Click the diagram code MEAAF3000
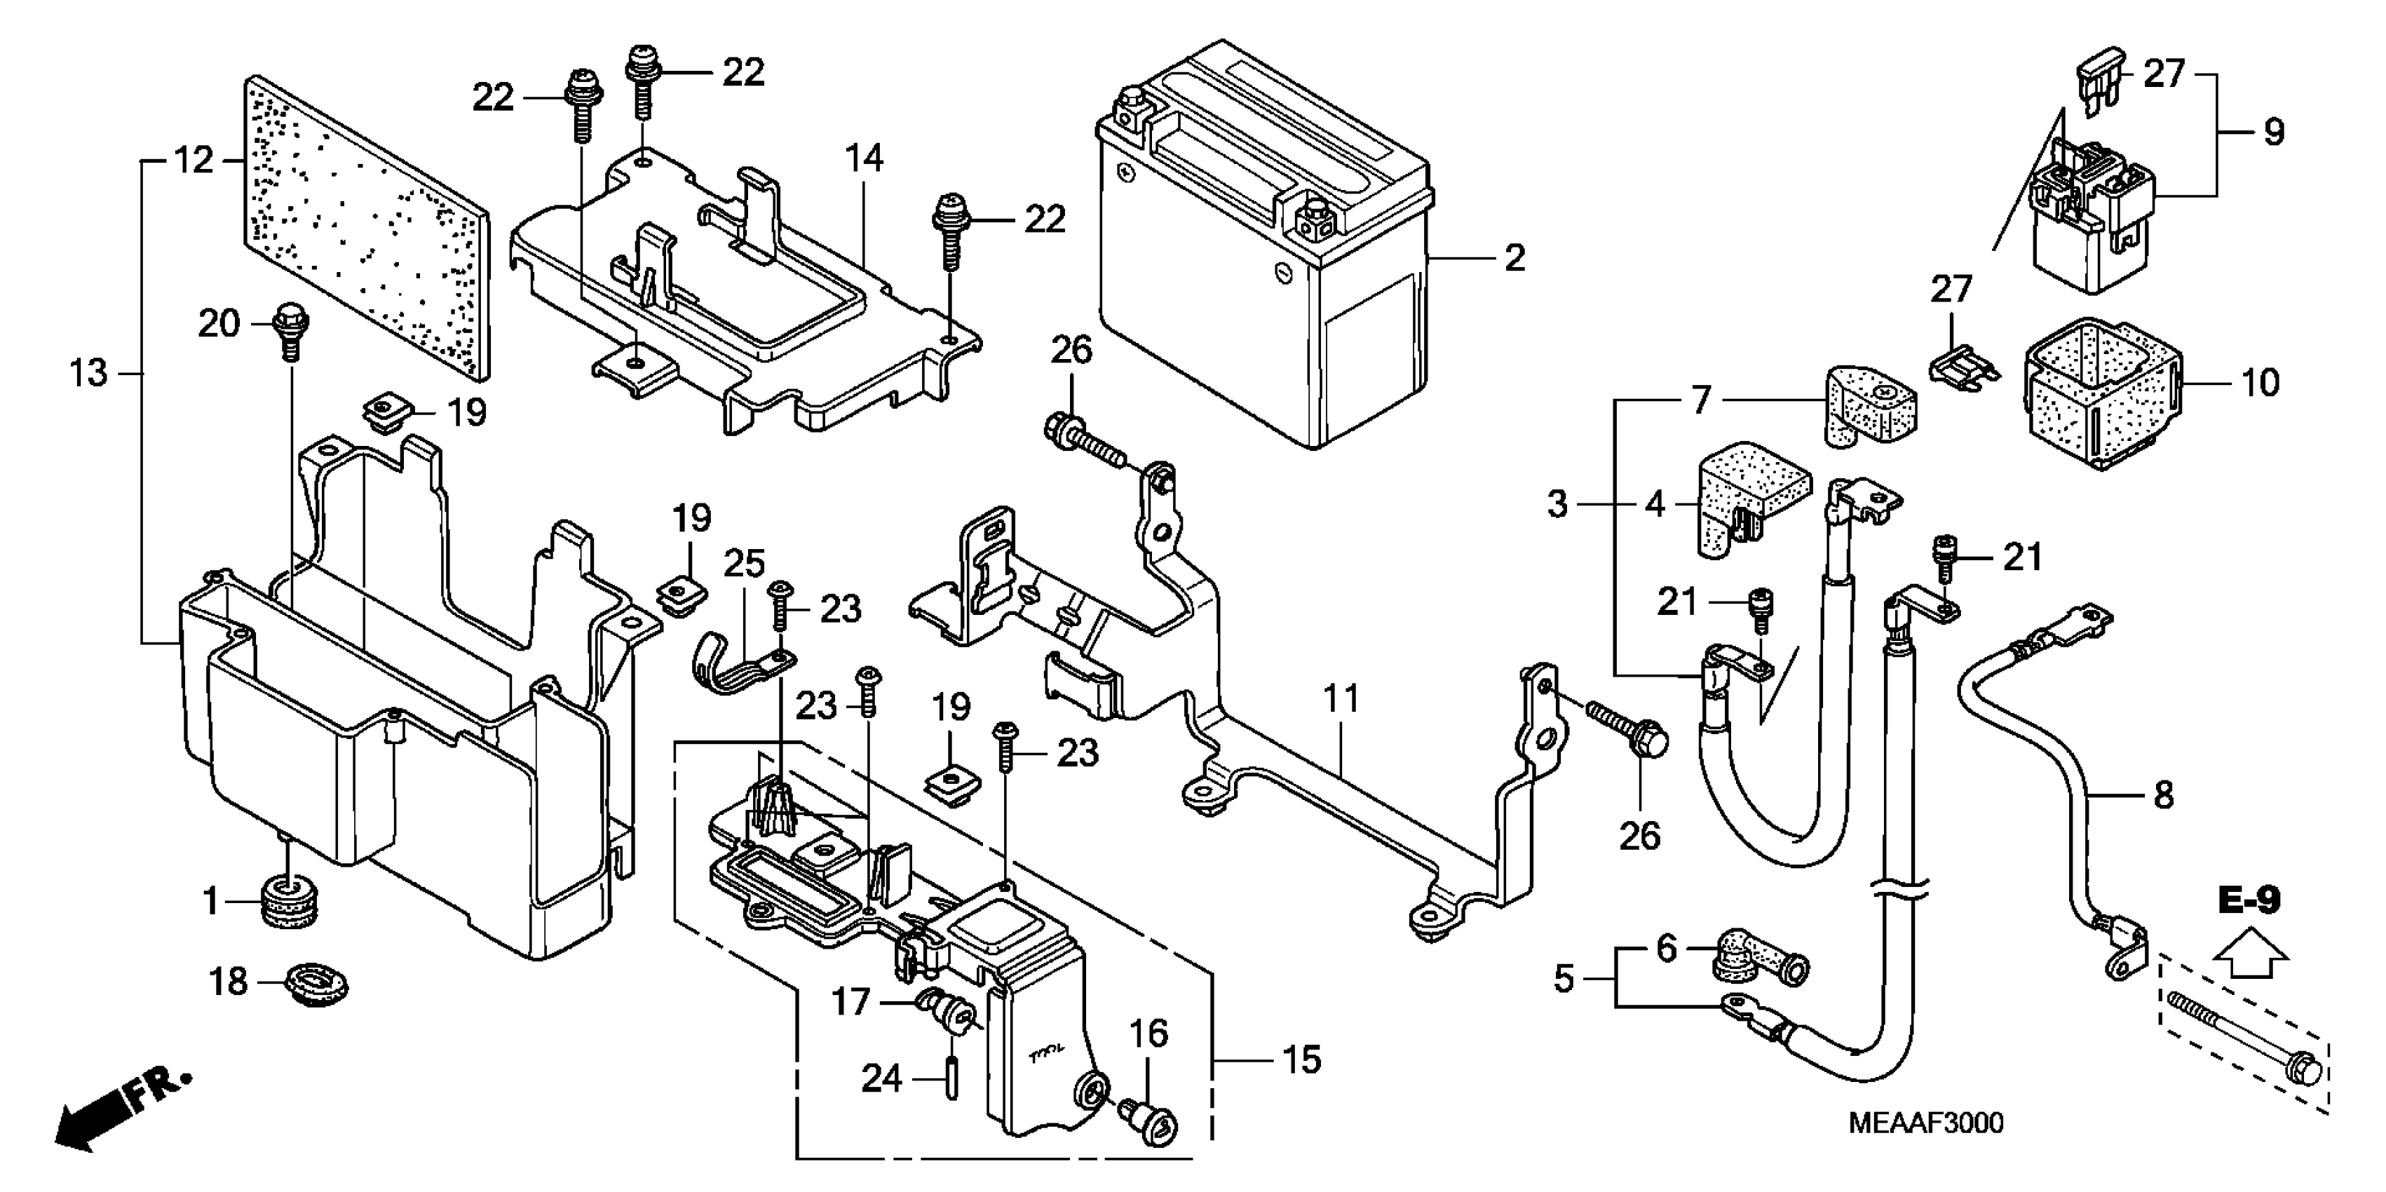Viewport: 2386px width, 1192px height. pyautogui.click(x=1924, y=1123)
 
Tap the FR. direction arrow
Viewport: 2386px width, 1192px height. pyautogui.click(x=121, y=1111)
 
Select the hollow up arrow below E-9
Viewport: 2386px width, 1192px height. pyautogui.click(x=2249, y=954)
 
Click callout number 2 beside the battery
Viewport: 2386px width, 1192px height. pyautogui.click(x=1514, y=257)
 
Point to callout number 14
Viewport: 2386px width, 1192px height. pyautogui.click(x=863, y=158)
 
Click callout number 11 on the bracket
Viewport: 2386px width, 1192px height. pyautogui.click(x=1341, y=699)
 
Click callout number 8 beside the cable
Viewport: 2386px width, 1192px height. pyautogui.click(x=2164, y=794)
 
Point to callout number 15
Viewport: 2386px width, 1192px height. pyautogui.click(x=1301, y=1060)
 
